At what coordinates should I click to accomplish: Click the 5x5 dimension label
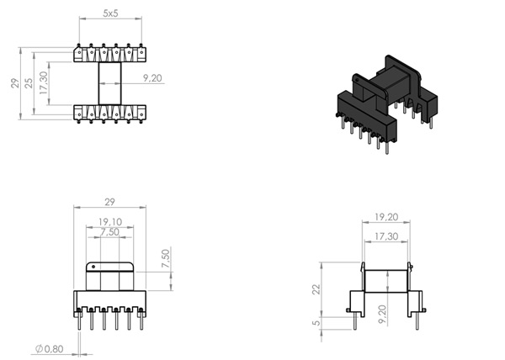(110, 14)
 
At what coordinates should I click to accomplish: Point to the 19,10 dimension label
(110, 222)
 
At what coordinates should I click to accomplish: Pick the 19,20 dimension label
(385, 216)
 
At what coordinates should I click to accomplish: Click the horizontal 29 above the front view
(111, 203)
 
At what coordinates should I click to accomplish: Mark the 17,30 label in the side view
(385, 236)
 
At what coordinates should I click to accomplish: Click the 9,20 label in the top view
(152, 77)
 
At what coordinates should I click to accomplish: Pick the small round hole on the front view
(93, 269)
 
